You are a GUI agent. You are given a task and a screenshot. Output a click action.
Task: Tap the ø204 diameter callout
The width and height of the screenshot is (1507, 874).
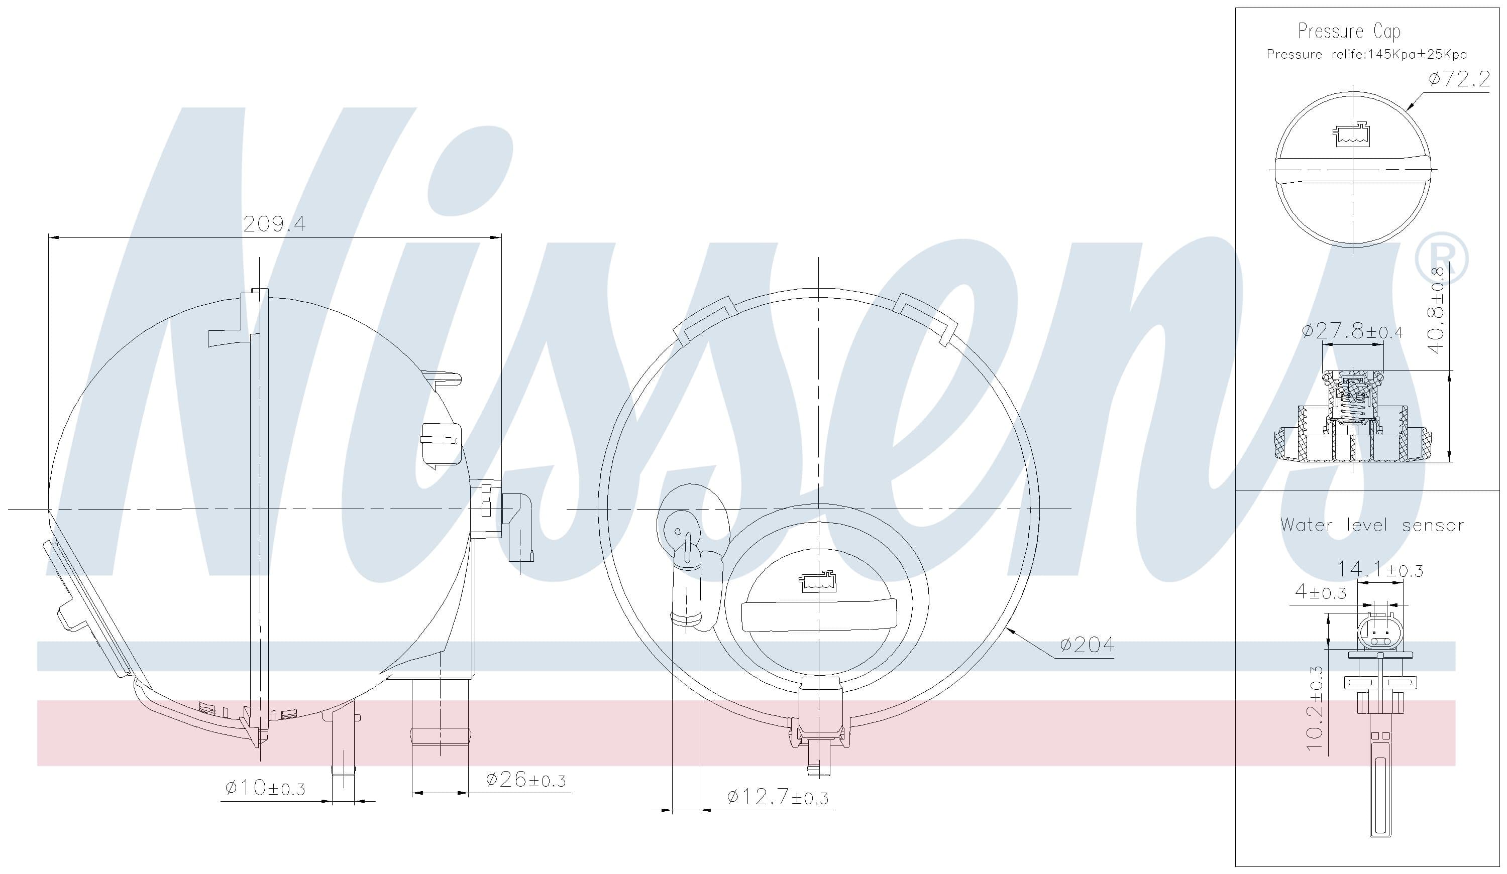coord(1087,645)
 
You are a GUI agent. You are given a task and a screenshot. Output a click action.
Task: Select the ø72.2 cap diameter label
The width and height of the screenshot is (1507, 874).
coord(1460,79)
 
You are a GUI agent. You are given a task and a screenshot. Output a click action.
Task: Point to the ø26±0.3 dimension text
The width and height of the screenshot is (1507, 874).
coord(525,780)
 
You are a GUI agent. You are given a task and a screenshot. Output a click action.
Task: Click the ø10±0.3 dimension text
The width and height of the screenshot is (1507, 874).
coord(265,788)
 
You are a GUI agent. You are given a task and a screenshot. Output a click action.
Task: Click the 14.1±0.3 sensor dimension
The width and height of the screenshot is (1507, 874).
coord(1379,569)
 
